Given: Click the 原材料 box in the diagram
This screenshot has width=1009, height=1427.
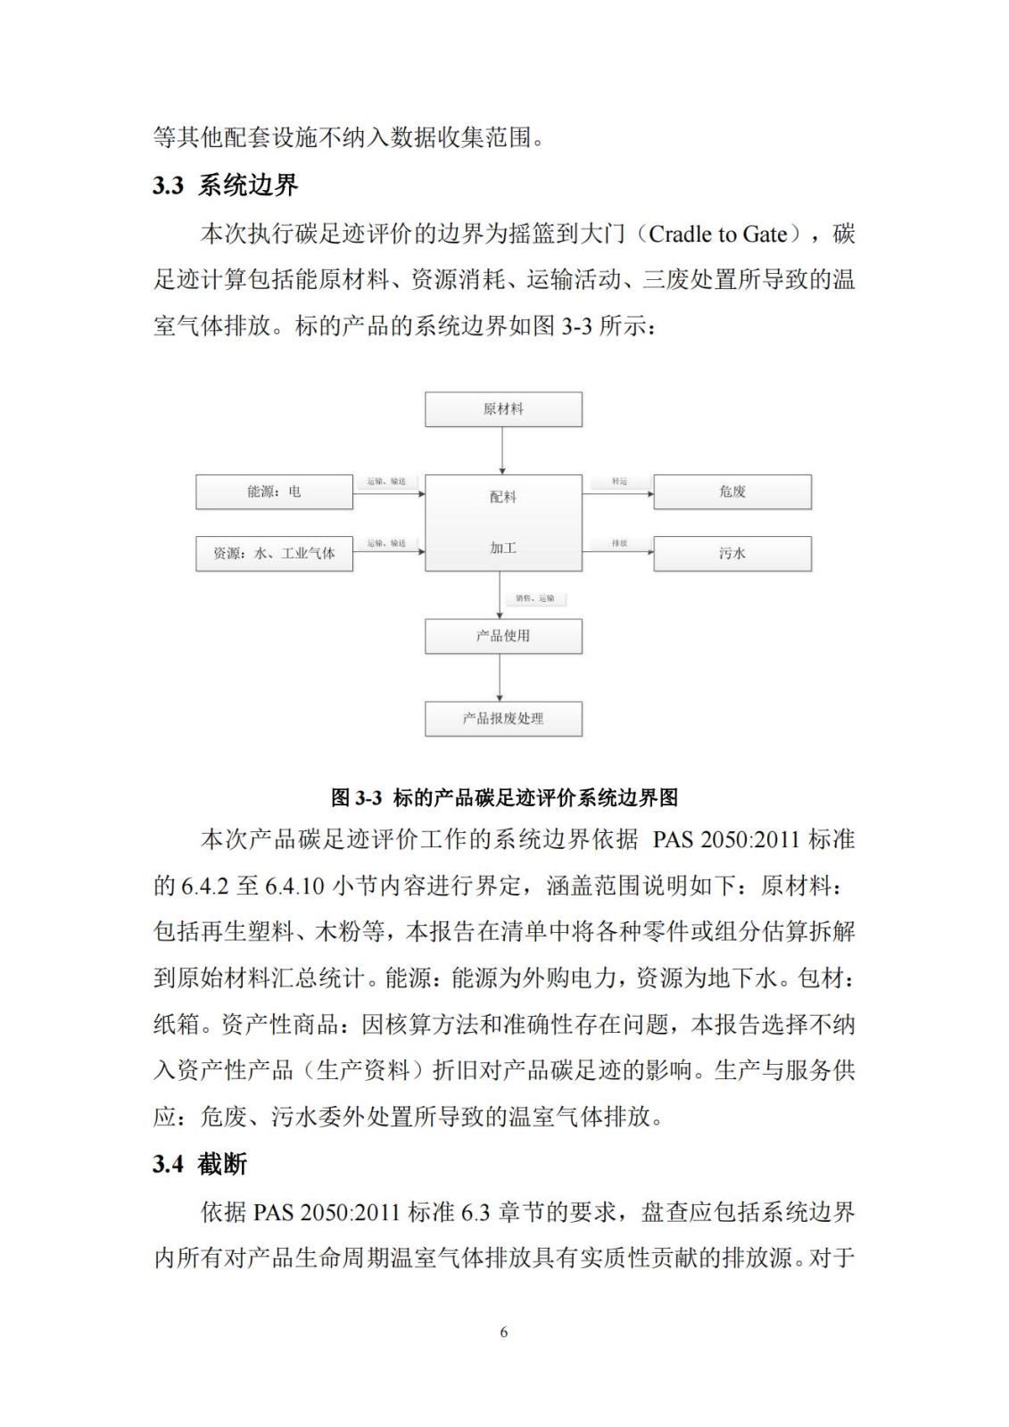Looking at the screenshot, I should point(503,409).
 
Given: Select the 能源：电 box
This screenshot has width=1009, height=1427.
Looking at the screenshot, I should point(274,491).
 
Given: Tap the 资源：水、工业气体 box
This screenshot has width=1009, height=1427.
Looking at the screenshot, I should point(274,554).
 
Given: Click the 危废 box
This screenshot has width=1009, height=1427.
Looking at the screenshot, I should point(732,491).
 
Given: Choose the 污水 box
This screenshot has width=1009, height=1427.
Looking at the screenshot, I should point(732,554).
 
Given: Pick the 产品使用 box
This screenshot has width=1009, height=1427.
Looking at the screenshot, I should point(503,636).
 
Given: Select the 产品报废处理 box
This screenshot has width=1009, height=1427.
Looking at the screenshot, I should point(503,719).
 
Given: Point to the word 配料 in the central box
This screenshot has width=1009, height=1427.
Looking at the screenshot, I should point(503,497).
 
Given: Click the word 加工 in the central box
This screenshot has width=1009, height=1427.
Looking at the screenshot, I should point(503,548).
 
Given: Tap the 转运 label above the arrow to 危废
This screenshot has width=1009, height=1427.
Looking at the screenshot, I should point(619,482).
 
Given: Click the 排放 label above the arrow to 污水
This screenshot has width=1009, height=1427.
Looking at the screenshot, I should point(619,543).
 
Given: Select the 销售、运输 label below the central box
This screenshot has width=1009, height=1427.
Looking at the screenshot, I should point(535,598).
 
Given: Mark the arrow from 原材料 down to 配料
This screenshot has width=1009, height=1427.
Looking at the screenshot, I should point(502,450).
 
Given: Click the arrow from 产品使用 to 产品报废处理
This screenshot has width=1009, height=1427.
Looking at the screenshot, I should point(500,678).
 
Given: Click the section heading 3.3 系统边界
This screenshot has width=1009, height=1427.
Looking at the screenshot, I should point(225,186).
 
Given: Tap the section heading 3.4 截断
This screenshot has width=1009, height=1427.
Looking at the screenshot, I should point(200,1164).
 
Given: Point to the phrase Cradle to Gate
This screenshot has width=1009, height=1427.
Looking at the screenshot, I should point(718,235).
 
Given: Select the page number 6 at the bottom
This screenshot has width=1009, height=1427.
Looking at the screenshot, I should point(504,1332).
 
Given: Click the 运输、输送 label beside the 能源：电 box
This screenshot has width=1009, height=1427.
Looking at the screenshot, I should point(386,482).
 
